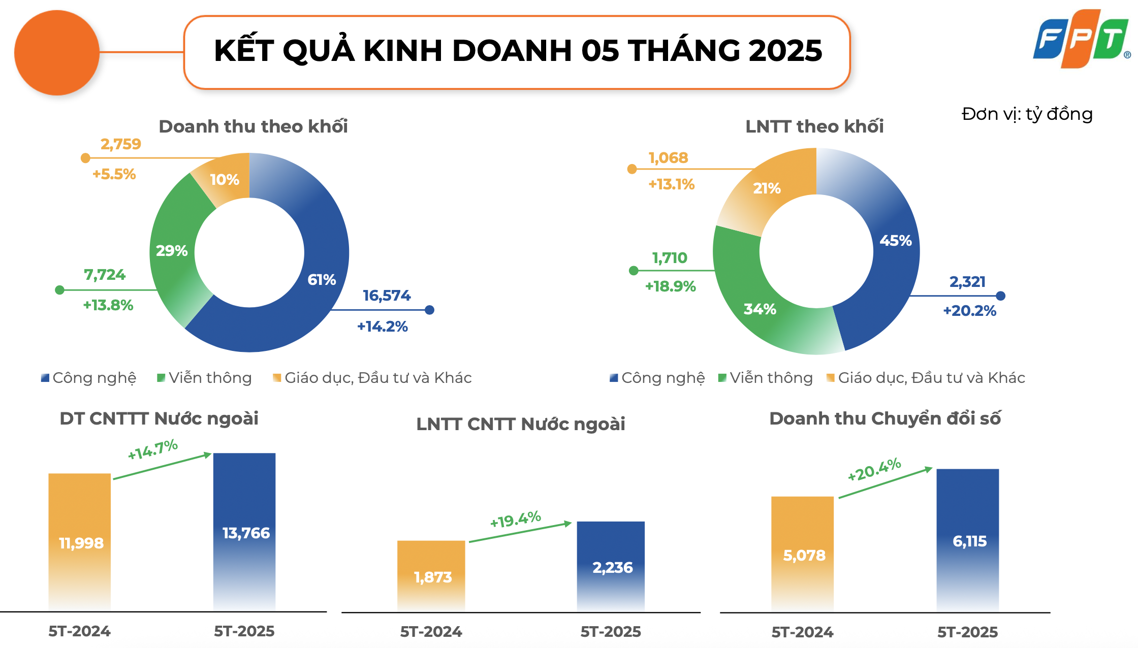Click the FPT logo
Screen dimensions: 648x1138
coord(1081,39)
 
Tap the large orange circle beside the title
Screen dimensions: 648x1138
coord(57,53)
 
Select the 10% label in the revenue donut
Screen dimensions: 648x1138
coord(224,180)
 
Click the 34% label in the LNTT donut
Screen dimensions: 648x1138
coord(760,309)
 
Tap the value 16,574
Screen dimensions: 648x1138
coord(387,296)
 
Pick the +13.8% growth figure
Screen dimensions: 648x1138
coord(108,305)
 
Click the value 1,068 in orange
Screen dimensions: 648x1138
coord(668,158)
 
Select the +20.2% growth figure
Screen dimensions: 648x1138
coord(969,311)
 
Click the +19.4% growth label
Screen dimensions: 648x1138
coord(515,520)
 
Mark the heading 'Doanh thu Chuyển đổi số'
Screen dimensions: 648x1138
coord(884,418)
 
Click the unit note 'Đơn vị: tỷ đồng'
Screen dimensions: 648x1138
coord(1027,114)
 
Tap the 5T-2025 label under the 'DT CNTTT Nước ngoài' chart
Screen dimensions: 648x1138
coord(244,631)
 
